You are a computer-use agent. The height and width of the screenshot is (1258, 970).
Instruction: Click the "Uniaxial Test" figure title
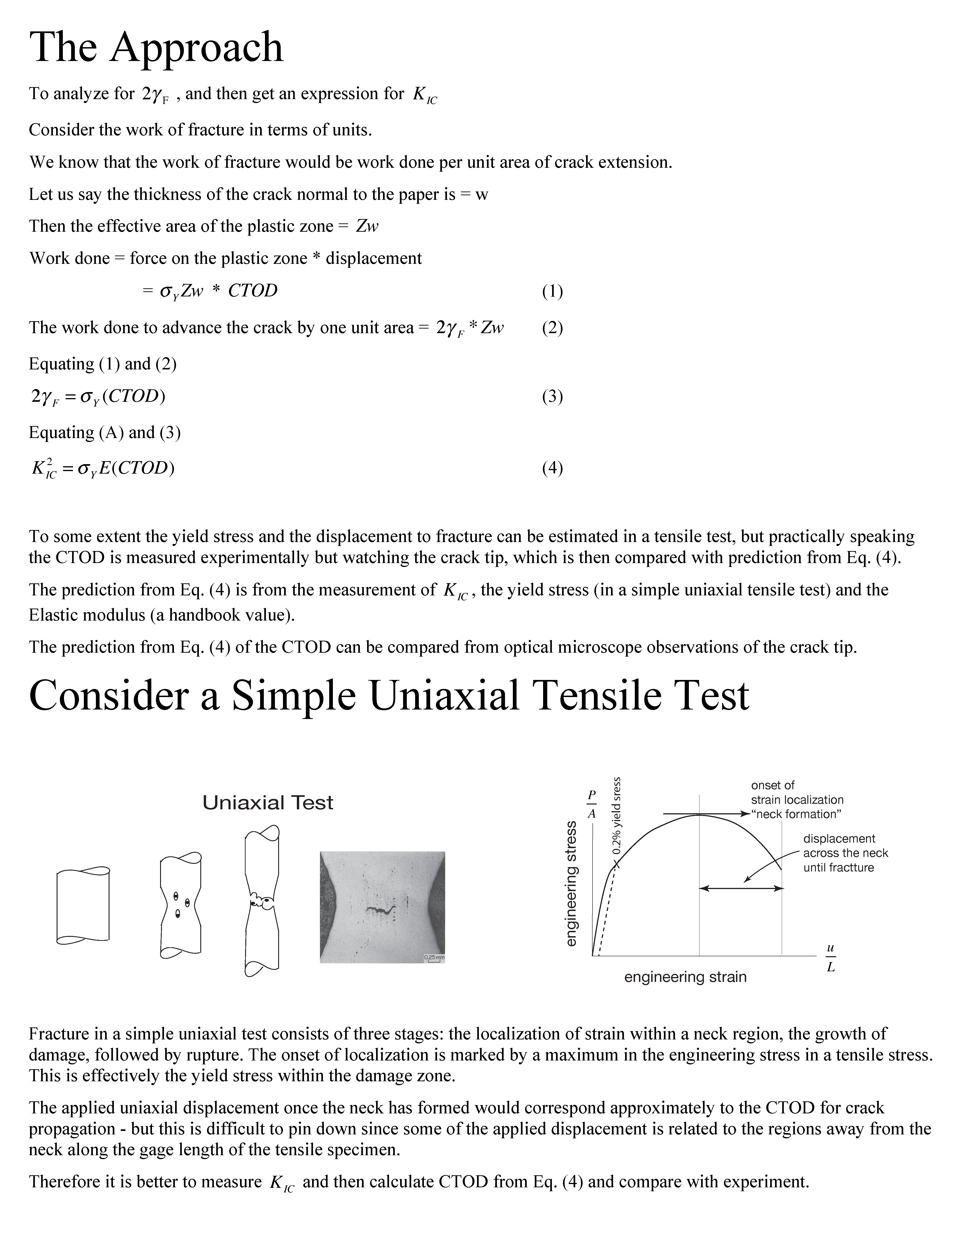(268, 802)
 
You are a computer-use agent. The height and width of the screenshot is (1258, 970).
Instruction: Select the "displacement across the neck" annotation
(845, 853)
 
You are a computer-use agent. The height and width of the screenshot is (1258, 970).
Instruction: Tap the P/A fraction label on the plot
(592, 804)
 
